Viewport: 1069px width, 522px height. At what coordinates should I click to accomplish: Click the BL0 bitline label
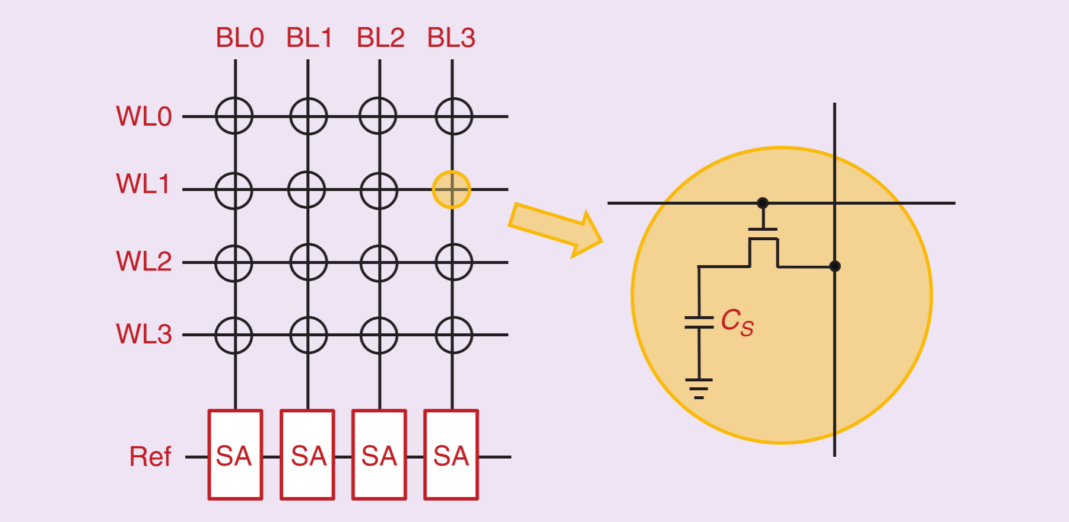[x=239, y=38]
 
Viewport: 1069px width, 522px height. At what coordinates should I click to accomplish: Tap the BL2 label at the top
[x=380, y=38]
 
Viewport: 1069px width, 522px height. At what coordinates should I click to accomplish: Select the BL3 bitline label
[x=451, y=38]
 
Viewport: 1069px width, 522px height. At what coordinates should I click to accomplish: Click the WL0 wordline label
[x=144, y=116]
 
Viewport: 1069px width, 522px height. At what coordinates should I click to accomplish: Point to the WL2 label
[x=144, y=261]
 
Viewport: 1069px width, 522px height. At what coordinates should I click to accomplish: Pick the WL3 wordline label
[x=144, y=334]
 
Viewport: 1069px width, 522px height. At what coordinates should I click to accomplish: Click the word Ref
[x=150, y=457]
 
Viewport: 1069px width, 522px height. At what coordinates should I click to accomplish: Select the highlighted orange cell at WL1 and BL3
[x=451, y=190]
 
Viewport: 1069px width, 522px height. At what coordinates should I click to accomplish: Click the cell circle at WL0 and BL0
[x=234, y=116]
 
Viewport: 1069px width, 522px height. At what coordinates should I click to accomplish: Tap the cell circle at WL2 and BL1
[x=308, y=262]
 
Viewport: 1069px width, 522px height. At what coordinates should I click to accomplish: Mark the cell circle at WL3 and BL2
[x=379, y=335]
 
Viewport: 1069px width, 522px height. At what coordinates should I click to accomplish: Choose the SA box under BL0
[x=235, y=455]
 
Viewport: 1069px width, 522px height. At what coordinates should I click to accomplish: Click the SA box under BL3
[x=451, y=455]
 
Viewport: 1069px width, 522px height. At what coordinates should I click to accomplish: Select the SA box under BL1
[x=307, y=455]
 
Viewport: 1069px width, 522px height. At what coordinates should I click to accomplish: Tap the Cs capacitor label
[x=737, y=322]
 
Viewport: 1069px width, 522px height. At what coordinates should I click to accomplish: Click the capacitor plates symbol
[x=699, y=322]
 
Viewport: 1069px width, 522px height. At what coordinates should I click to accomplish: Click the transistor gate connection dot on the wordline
[x=763, y=203]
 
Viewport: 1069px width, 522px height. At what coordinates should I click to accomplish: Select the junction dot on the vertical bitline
[x=835, y=266]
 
